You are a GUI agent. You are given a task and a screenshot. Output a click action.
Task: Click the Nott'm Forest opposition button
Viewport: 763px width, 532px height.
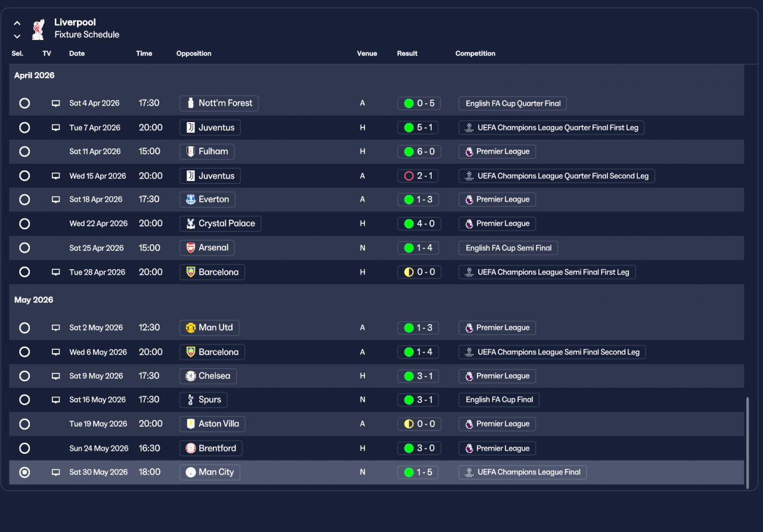coord(219,103)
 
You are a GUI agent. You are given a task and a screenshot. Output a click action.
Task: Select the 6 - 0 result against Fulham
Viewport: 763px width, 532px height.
coord(418,151)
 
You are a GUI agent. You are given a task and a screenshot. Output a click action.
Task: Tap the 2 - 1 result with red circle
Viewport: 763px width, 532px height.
coord(418,176)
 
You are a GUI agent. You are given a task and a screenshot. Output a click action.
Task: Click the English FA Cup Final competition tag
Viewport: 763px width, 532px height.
coord(499,400)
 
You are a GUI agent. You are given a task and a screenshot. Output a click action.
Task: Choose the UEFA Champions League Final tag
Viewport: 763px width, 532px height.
coord(523,472)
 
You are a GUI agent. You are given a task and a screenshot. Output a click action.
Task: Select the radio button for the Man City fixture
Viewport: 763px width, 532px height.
coord(24,472)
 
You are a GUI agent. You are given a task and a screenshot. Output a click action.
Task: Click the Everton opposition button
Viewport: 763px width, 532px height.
coord(207,200)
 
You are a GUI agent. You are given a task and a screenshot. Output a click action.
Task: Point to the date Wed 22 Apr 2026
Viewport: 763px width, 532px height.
coord(98,223)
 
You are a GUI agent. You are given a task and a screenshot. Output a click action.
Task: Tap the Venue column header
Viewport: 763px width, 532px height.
coord(367,54)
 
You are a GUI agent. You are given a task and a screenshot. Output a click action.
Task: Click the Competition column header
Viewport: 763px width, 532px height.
coord(475,54)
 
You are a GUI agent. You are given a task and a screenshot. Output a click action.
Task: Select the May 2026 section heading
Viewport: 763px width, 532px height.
coord(34,300)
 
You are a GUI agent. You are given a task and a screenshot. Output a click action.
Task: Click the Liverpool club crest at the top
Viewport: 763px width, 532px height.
coord(38,29)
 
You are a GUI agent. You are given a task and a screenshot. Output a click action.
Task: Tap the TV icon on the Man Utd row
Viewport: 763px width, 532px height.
coord(56,328)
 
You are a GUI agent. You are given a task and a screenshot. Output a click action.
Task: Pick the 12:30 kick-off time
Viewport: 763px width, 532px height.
coord(149,328)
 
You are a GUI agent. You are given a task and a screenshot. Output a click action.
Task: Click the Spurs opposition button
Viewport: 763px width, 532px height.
coord(203,400)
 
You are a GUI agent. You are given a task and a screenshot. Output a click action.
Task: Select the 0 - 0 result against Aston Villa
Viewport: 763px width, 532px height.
coord(418,424)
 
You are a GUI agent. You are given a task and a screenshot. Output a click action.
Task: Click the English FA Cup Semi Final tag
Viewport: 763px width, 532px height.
coord(508,248)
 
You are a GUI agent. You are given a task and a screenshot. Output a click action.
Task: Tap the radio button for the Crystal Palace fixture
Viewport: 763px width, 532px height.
coord(24,224)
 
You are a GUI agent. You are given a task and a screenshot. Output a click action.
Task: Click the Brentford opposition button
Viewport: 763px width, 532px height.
coord(211,448)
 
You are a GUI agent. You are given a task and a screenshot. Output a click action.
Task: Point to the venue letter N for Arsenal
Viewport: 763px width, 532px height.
coord(362,248)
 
